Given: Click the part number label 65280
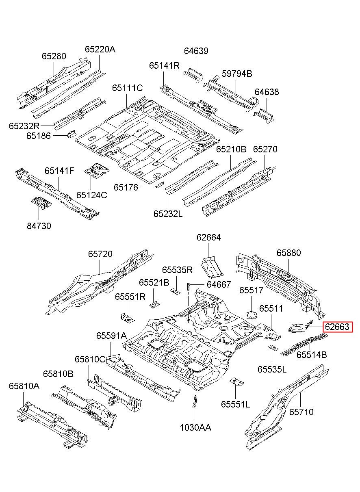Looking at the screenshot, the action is coord(54,56).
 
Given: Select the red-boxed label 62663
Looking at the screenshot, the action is coord(337,333).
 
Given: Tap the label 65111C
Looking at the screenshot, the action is coord(128,88).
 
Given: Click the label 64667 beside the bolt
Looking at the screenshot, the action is coord(219,284).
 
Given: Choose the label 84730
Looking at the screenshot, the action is coord(39,226).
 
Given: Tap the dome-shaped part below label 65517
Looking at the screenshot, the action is coord(251,315).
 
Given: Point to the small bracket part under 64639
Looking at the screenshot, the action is coord(193,75).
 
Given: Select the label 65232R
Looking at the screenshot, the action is coord(24,126).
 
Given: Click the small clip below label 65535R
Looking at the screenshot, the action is coord(175,291).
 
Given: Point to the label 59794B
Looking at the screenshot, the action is coord(237,74).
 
